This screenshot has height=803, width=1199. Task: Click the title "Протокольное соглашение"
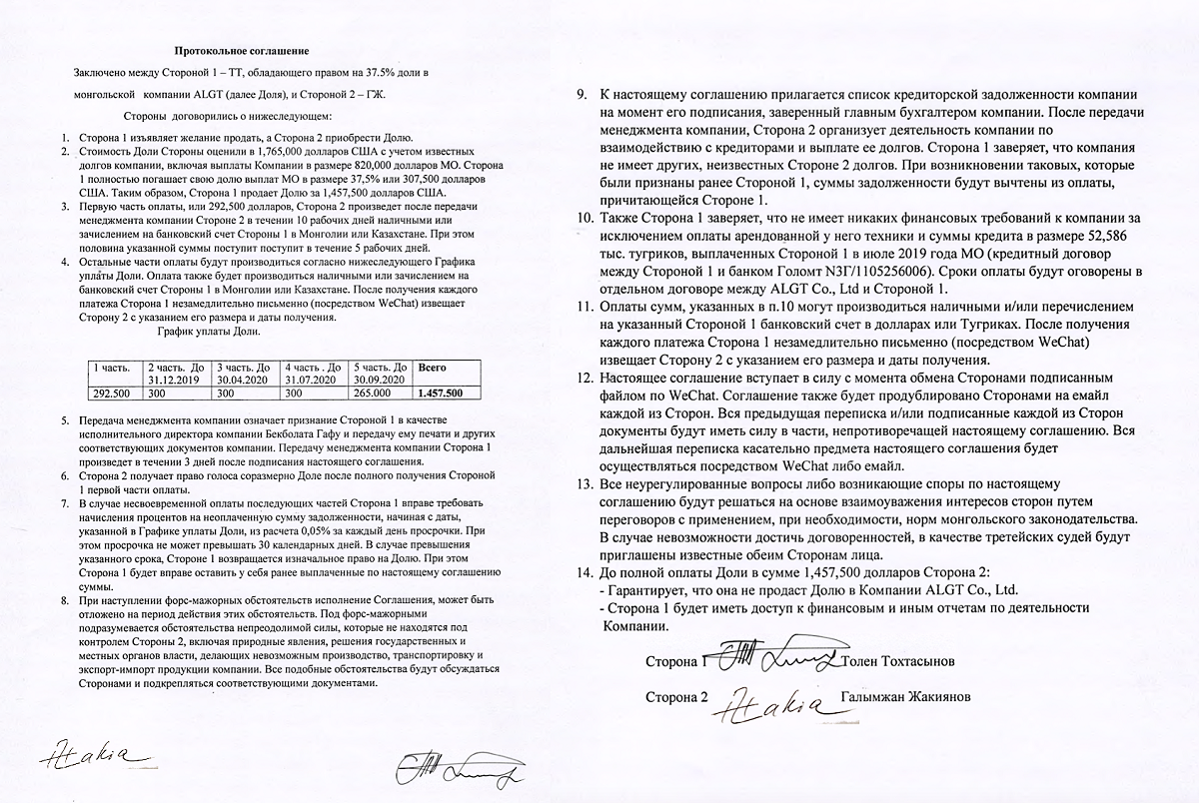pyautogui.click(x=242, y=50)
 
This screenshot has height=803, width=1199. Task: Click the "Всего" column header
pyautogui.click(x=434, y=368)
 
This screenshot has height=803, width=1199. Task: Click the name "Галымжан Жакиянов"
pyautogui.click(x=906, y=697)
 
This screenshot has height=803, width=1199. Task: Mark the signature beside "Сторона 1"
pyautogui.click(x=774, y=657)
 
